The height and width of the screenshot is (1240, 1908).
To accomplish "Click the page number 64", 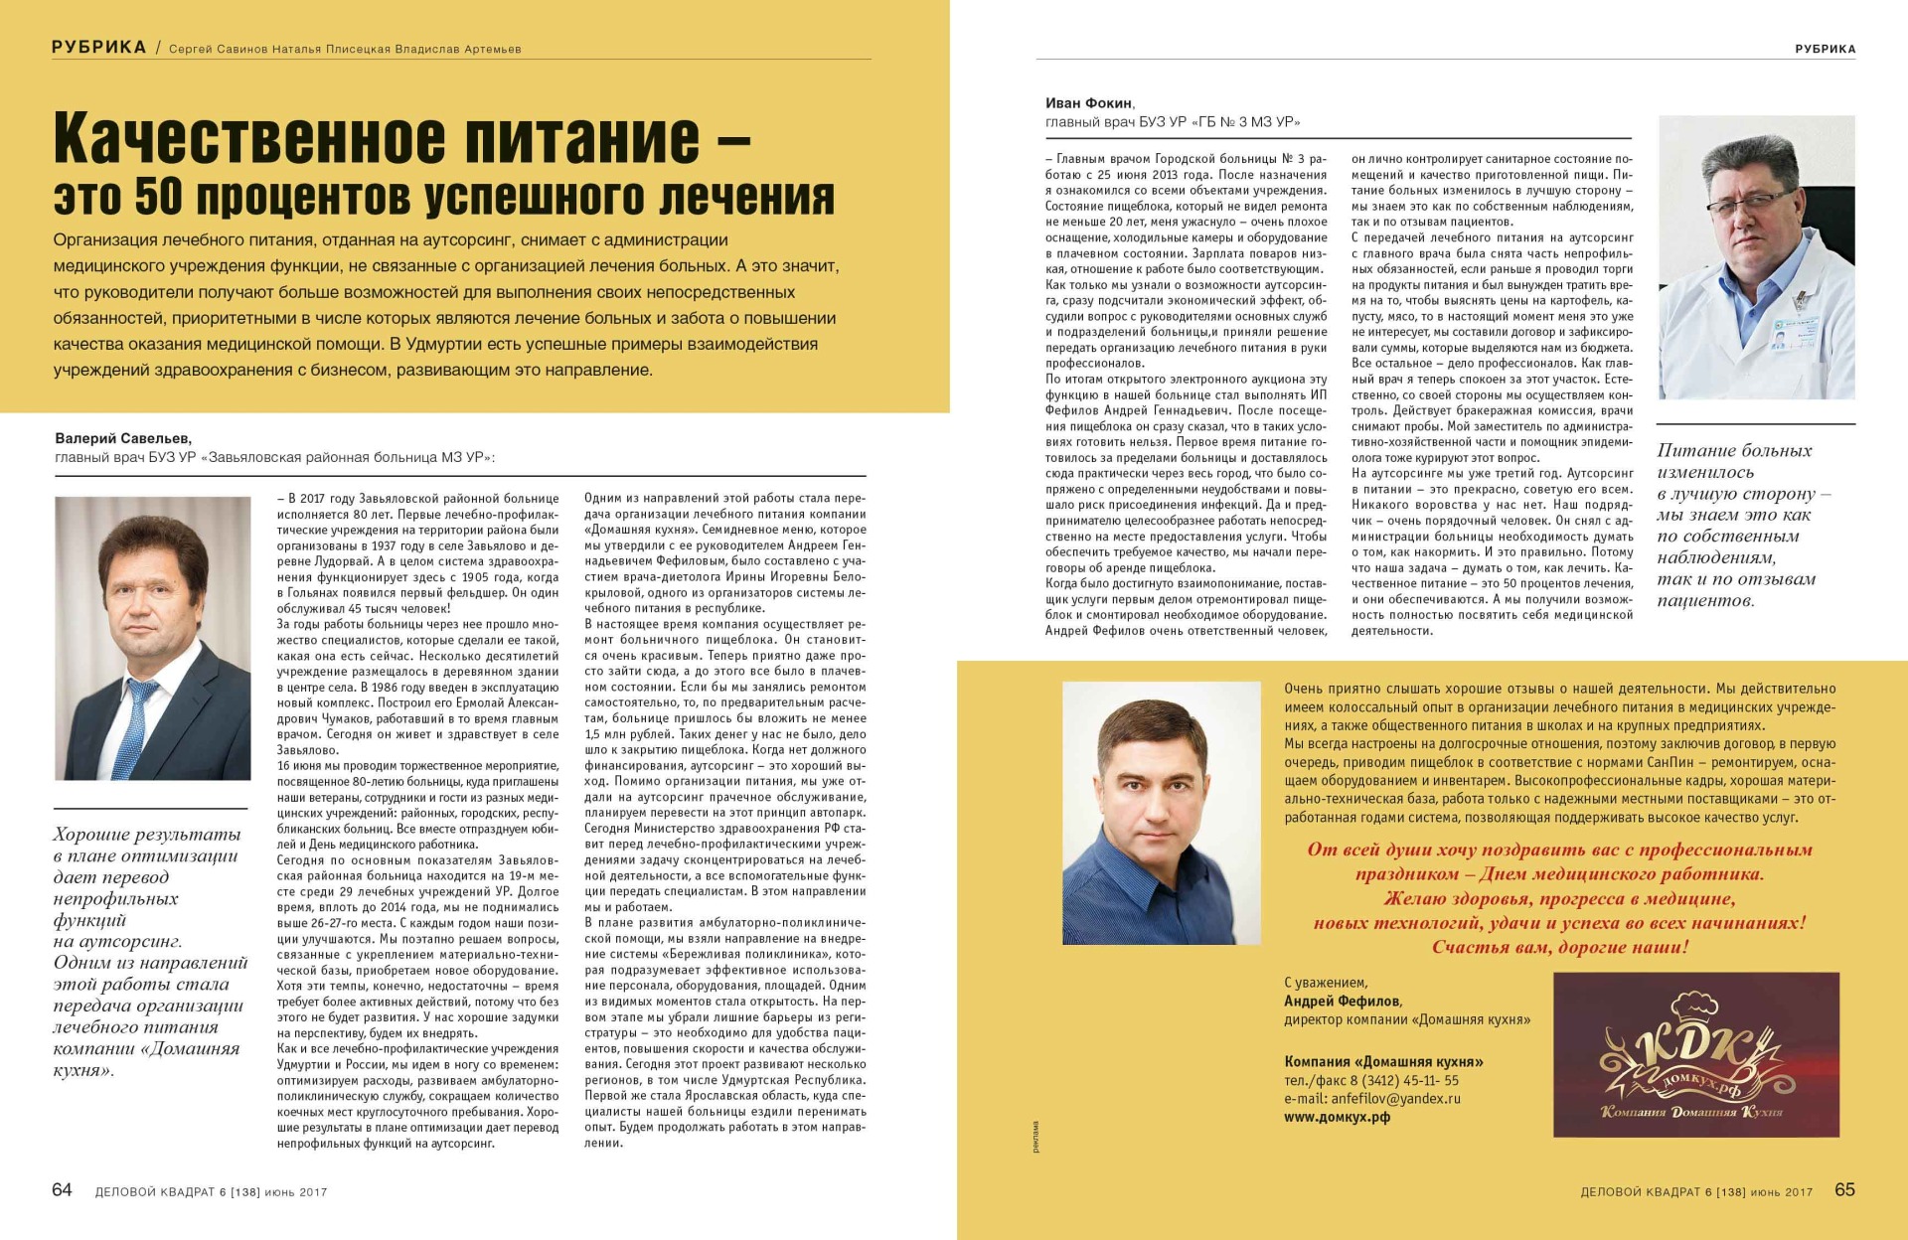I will click(62, 1189).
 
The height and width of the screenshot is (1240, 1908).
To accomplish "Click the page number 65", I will click(1844, 1189).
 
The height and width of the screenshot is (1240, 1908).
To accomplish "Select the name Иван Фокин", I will click(1088, 103).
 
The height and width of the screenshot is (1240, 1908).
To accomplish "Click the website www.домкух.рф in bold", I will click(1337, 1117).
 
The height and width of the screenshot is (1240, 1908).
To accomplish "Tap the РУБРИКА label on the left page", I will click(98, 47).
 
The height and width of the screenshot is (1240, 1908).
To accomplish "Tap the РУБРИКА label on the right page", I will click(1825, 49).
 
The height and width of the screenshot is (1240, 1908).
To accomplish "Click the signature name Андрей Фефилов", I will click(1342, 1002).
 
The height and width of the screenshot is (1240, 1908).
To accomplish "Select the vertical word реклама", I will click(1035, 1136).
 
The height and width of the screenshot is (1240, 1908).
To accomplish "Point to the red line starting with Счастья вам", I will click(1559, 947).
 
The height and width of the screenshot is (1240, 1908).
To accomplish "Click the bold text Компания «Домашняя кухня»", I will click(1383, 1061).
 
